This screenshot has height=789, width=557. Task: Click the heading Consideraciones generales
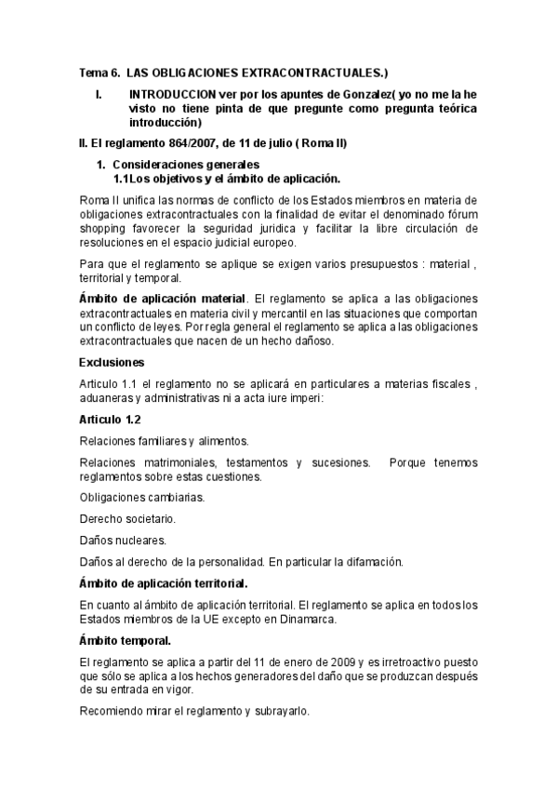[x=181, y=165]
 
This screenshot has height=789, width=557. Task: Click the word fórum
[x=461, y=215]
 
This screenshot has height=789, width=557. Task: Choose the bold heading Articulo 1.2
[x=110, y=420]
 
